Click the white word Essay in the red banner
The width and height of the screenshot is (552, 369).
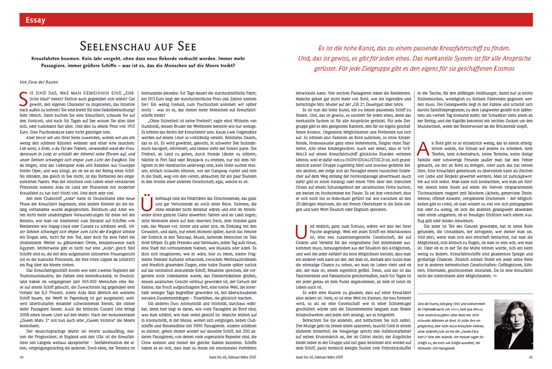[35, 20]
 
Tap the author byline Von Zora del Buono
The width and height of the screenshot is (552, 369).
[39, 81]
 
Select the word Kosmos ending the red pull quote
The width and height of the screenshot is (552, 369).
[502, 69]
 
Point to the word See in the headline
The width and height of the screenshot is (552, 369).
[185, 46]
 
